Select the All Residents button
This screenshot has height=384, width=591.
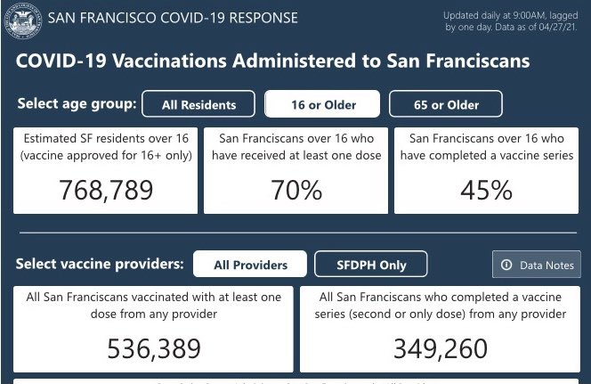tap(198, 104)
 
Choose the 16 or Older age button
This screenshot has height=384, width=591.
tap(323, 104)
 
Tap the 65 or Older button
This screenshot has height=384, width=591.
tap(446, 104)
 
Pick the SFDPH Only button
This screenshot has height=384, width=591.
tap(371, 265)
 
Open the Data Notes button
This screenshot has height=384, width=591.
tap(536, 265)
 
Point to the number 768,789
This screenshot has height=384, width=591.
tap(106, 190)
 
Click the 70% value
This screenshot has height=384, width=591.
tap(296, 190)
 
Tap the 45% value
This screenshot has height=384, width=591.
tap(486, 190)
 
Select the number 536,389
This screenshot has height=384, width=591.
tap(153, 347)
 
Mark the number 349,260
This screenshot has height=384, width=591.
tap(441, 347)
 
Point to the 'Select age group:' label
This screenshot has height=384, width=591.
tap(77, 103)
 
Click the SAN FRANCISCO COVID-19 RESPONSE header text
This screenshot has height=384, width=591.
tap(172, 19)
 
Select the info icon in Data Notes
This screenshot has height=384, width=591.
tap(507, 265)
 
